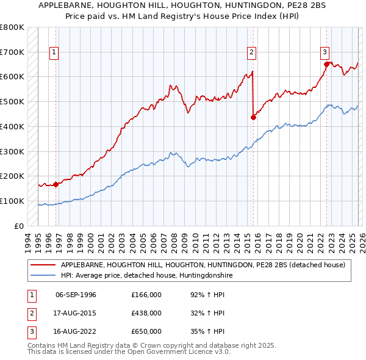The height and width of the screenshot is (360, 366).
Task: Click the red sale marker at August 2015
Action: point(253,117)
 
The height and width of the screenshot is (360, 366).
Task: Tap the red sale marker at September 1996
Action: point(56,184)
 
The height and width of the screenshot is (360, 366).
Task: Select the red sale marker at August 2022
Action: point(326,63)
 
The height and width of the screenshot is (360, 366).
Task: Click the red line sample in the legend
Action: point(43,265)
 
